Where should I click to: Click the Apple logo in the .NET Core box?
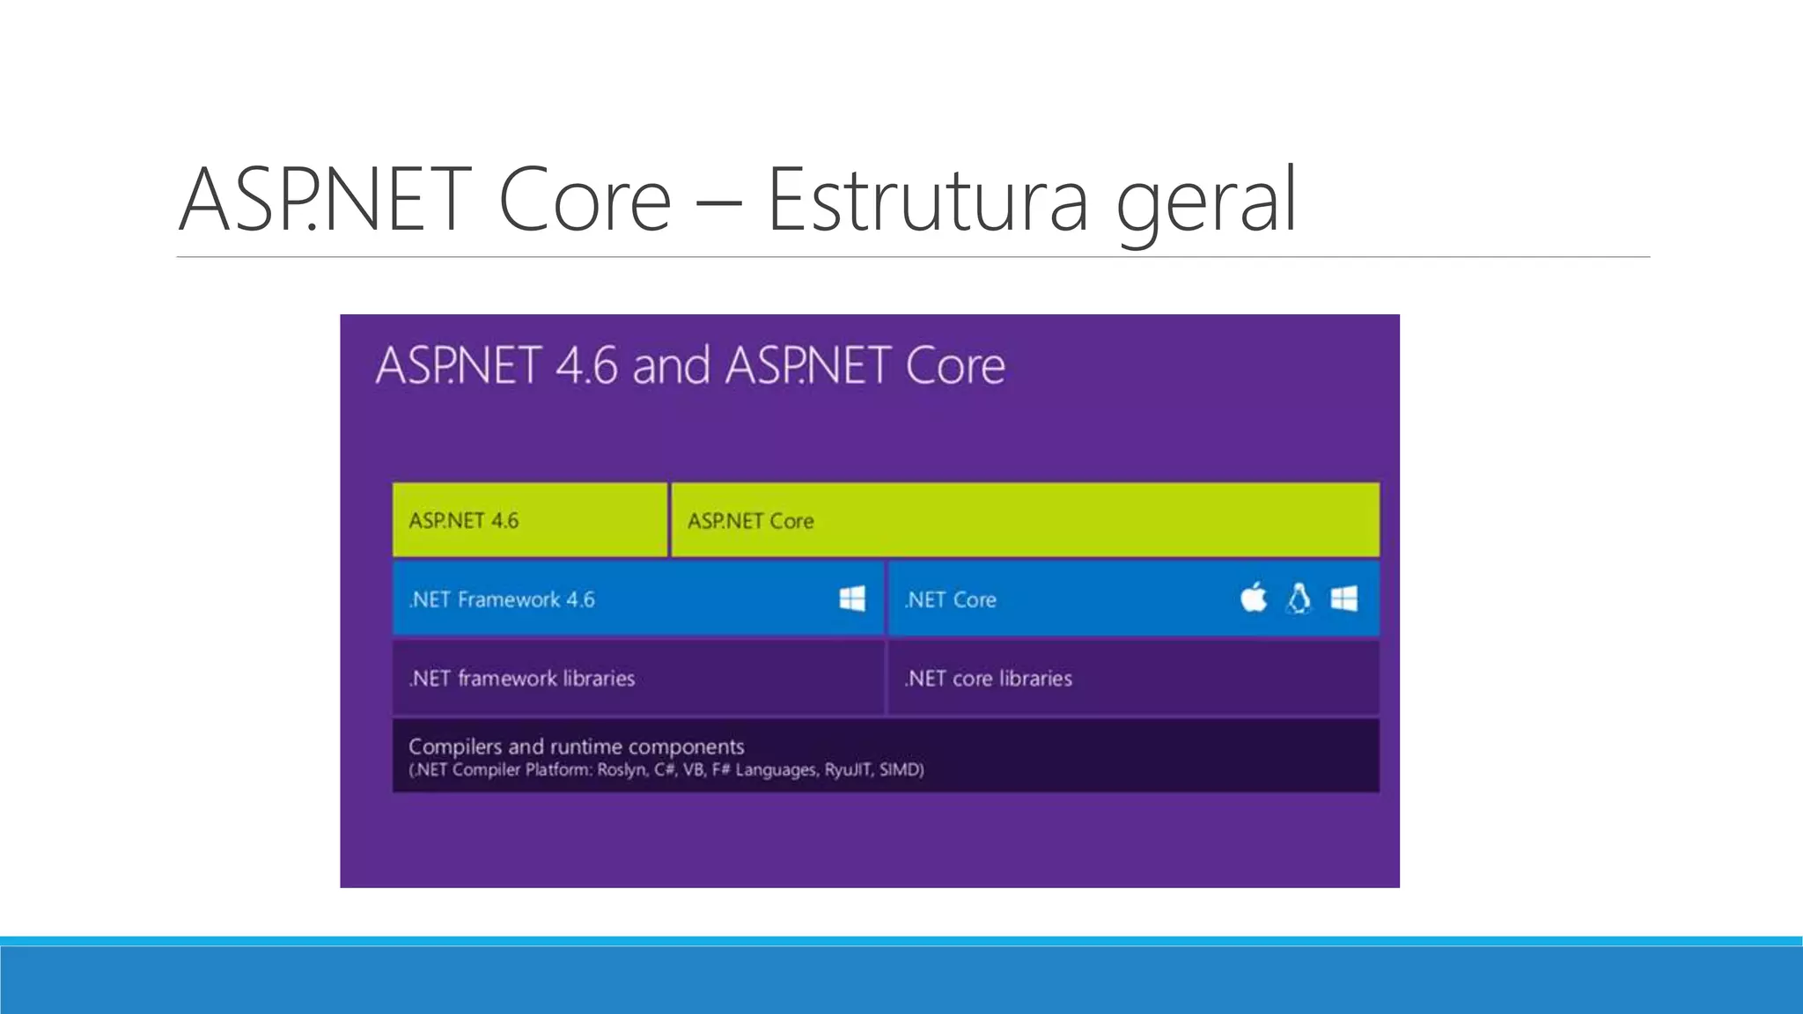point(1253,599)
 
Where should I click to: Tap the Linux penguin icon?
point(1299,599)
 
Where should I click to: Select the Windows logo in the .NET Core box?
point(1344,599)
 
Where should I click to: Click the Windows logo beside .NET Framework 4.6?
point(852,599)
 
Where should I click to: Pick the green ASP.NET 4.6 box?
point(529,520)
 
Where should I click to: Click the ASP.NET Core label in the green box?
point(750,521)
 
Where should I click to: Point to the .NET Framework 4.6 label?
point(502,600)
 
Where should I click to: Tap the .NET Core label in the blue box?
point(951,600)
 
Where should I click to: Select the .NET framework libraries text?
point(521,679)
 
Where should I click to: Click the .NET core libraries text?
point(989,679)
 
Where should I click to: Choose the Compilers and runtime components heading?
point(576,747)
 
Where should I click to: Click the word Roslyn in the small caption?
point(622,770)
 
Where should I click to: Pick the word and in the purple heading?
point(671,366)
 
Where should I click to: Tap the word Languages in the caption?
point(776,770)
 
